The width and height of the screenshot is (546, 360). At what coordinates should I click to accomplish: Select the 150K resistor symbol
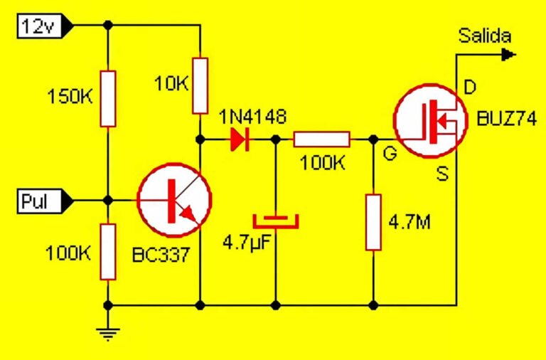(x=107, y=98)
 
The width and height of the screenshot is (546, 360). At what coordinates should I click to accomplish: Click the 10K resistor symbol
(x=200, y=85)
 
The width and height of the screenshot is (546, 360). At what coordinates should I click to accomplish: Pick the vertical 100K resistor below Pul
(x=107, y=251)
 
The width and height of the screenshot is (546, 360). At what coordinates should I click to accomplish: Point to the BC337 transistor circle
(x=173, y=200)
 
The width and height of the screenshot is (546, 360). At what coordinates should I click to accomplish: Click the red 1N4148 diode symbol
(x=238, y=139)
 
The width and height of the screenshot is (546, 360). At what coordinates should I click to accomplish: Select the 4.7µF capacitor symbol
(x=276, y=220)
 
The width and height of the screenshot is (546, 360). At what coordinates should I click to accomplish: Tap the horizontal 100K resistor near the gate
(x=321, y=139)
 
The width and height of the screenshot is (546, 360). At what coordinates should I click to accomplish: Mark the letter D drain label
(x=469, y=88)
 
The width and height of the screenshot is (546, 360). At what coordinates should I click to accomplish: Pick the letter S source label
(x=442, y=173)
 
